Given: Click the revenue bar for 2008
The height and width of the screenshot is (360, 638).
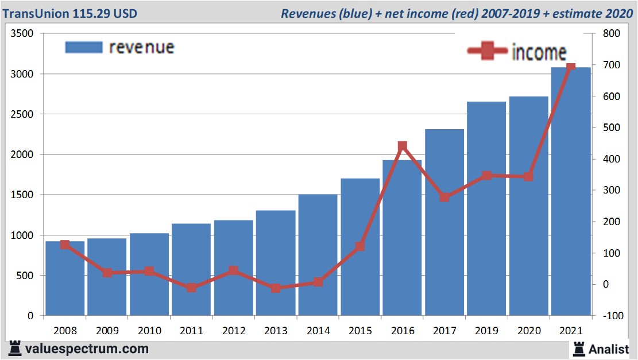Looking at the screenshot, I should pyautogui.click(x=65, y=278).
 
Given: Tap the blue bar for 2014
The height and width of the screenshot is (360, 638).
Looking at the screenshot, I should pyautogui.click(x=318, y=255).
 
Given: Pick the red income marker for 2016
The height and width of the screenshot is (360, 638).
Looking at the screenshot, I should pyautogui.click(x=402, y=146).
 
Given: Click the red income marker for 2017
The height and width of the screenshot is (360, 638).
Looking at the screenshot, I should pyautogui.click(x=444, y=198).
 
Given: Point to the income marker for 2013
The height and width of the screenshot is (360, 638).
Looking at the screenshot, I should pyautogui.click(x=276, y=288).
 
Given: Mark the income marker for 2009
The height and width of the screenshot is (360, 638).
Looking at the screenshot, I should pyautogui.click(x=107, y=273).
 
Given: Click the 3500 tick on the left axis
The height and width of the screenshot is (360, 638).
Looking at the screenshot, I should pyautogui.click(x=23, y=34).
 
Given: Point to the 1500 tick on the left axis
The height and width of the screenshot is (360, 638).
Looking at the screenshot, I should pyautogui.click(x=23, y=195).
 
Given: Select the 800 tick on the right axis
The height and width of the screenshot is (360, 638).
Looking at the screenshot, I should pyautogui.click(x=612, y=34).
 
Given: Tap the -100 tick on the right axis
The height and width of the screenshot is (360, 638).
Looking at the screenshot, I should pyautogui.click(x=610, y=316).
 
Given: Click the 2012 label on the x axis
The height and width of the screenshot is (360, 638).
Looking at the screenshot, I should pyautogui.click(x=234, y=331).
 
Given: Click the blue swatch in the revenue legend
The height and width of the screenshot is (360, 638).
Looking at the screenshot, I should pyautogui.click(x=84, y=47).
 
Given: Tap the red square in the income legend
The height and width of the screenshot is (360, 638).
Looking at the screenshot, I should pyautogui.click(x=487, y=51).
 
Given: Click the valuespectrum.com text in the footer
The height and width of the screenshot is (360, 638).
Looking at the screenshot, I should pyautogui.click(x=86, y=349).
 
